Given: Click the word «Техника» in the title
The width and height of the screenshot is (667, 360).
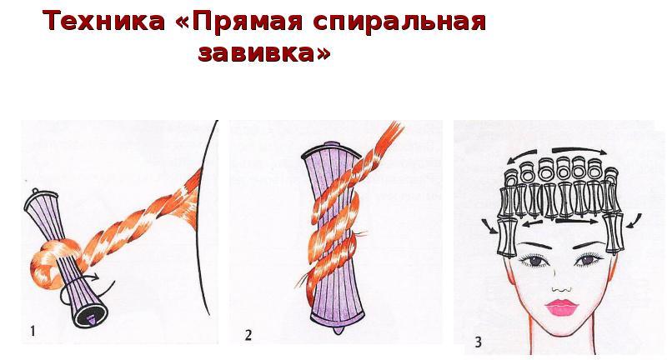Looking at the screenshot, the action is (103, 21).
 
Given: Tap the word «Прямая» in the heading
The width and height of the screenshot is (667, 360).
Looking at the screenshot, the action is (248, 22).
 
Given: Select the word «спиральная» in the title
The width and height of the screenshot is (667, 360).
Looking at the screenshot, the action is (399, 22).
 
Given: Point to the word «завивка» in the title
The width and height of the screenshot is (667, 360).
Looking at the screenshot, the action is (258, 53).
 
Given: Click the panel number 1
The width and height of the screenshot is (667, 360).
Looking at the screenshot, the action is (33, 331).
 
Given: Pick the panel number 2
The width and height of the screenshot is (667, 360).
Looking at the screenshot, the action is (248, 335).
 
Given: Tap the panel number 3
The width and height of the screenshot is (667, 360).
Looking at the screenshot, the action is (478, 342).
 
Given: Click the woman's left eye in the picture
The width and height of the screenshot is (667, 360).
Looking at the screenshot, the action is (587, 258).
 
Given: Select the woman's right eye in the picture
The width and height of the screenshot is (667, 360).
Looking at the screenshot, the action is (532, 260).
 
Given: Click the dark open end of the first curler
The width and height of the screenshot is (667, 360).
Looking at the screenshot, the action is (90, 317).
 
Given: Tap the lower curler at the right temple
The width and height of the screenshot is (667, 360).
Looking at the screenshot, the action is (614, 233).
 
